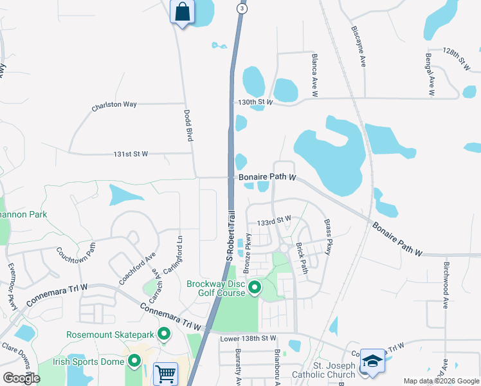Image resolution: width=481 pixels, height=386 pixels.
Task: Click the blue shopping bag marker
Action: pyautogui.click(x=182, y=12)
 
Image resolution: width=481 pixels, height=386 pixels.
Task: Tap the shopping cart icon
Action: pyautogui.click(x=166, y=372)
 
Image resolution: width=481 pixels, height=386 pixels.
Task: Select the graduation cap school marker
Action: pyautogui.click(x=372, y=362)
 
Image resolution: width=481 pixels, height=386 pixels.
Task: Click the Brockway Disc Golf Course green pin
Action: pyautogui.click(x=255, y=288)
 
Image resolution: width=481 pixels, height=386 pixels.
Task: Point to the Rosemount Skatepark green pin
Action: pyautogui.click(x=164, y=334)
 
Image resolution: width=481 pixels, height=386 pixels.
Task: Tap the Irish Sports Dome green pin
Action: pyautogui.click(x=134, y=361)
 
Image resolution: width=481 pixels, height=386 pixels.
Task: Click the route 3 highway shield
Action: pyautogui.click(x=241, y=8)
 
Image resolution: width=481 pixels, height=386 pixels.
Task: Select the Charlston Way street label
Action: pyautogui.click(x=114, y=105)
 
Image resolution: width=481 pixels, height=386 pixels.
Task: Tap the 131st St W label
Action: pyautogui.click(x=131, y=154)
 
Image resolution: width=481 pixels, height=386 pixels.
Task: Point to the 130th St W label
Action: pyautogui.click(x=255, y=102)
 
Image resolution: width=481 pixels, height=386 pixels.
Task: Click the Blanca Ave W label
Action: pyautogui.click(x=315, y=75)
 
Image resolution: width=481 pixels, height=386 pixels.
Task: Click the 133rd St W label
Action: pyautogui.click(x=274, y=221)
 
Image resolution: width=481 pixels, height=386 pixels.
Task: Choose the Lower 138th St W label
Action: pyautogui.click(x=248, y=338)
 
